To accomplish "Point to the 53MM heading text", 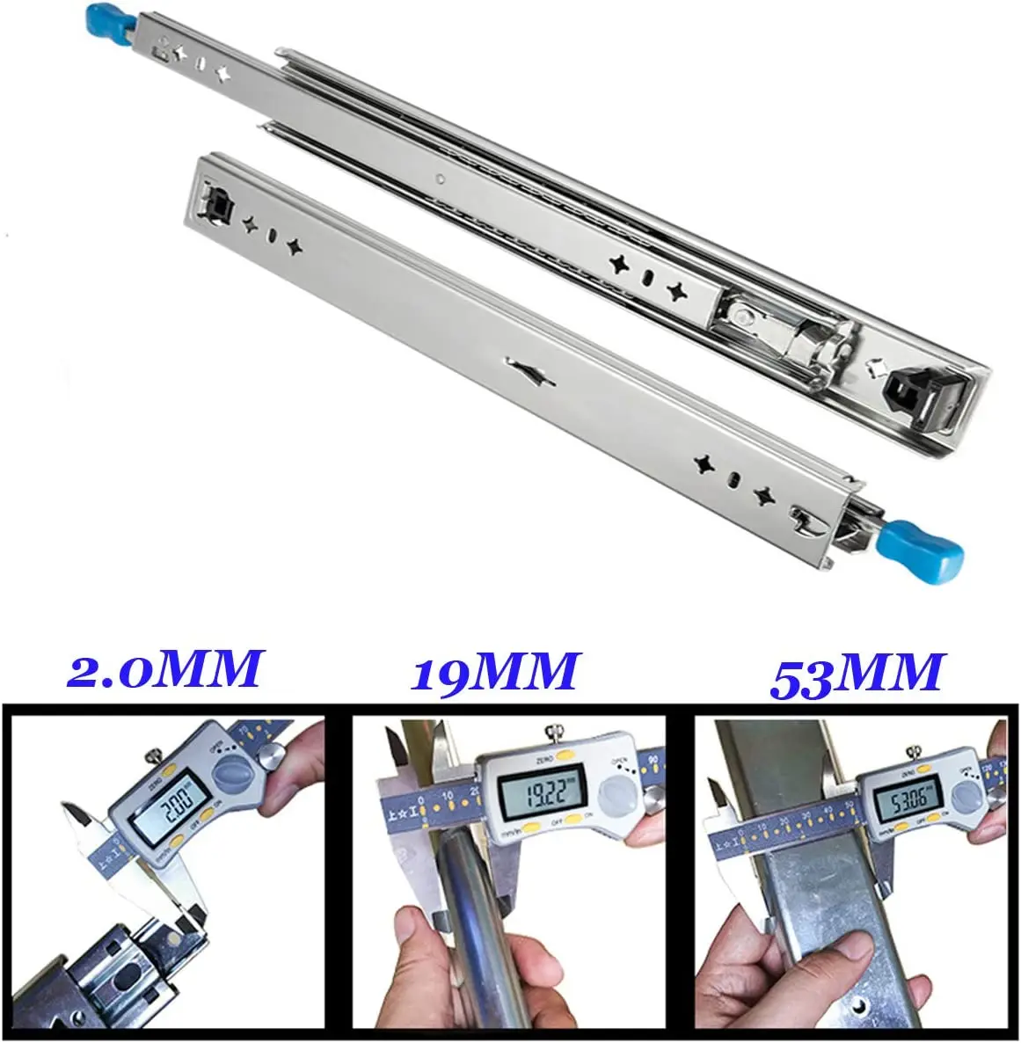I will tap(856, 674).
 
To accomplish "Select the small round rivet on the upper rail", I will tap(437, 177).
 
